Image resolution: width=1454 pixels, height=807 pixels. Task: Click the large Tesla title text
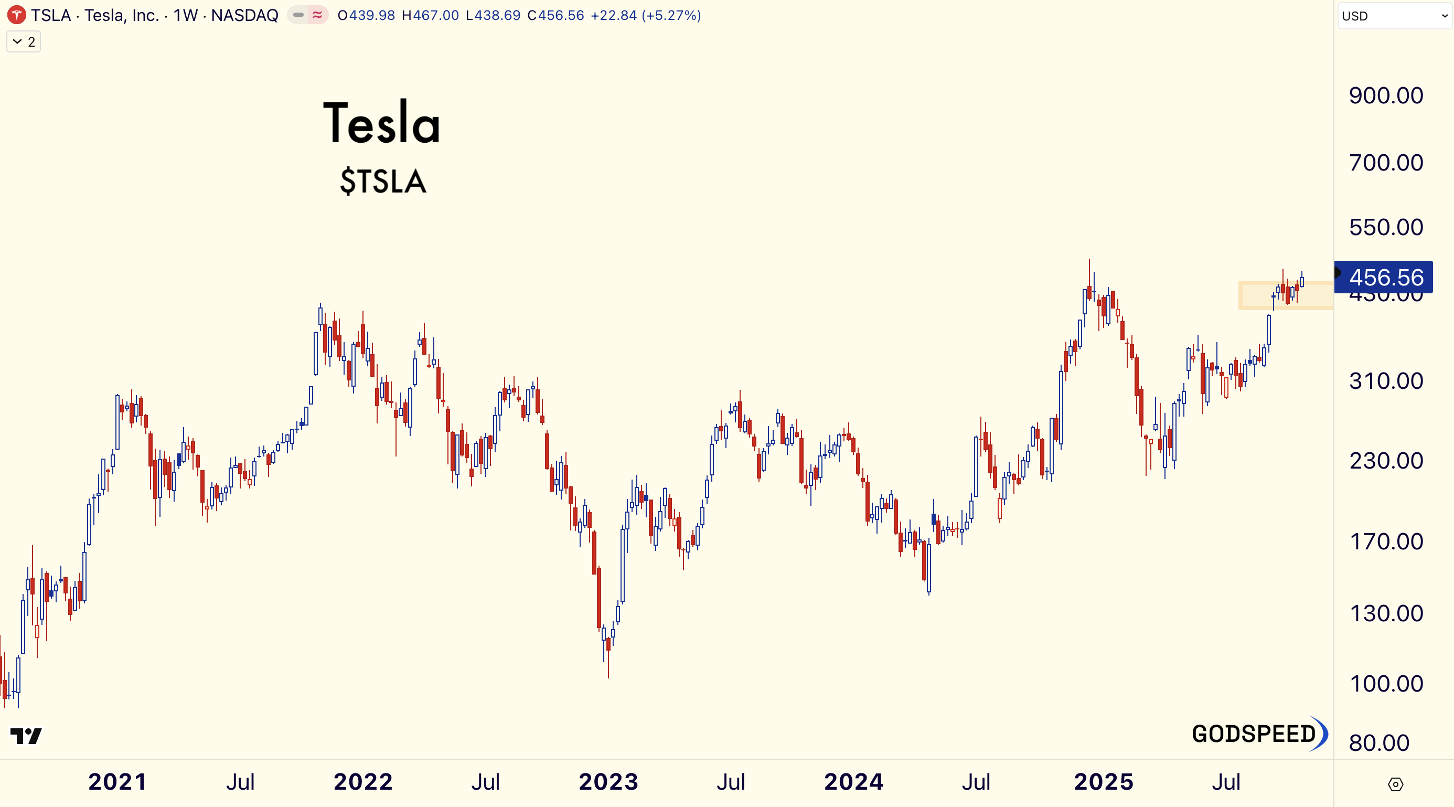(381, 123)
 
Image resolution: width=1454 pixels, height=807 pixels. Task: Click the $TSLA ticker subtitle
(383, 181)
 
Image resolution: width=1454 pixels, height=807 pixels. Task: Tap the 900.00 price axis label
(1386, 95)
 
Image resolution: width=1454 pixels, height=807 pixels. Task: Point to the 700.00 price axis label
(1386, 163)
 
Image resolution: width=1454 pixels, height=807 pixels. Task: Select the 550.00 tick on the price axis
(1386, 227)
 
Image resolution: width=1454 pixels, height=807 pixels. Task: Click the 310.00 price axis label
(1386, 381)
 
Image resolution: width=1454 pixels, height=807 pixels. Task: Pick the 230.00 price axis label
(1386, 461)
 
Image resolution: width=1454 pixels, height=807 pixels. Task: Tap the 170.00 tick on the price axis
(1386, 541)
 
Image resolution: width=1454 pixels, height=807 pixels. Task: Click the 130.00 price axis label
(1386, 613)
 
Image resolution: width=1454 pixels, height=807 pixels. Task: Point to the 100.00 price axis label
(1386, 684)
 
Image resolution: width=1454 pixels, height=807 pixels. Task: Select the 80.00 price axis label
(1379, 743)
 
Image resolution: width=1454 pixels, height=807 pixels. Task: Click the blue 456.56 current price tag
(1386, 277)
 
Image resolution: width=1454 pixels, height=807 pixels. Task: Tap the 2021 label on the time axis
(117, 782)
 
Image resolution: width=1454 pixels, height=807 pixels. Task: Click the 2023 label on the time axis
(608, 782)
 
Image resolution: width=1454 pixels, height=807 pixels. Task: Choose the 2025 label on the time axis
(1103, 782)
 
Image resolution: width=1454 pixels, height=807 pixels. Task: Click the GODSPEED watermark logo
(1259, 734)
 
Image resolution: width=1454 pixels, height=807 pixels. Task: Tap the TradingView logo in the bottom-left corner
(26, 736)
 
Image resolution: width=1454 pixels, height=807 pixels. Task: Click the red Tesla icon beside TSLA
(16, 15)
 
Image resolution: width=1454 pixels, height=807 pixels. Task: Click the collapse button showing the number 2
(24, 42)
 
